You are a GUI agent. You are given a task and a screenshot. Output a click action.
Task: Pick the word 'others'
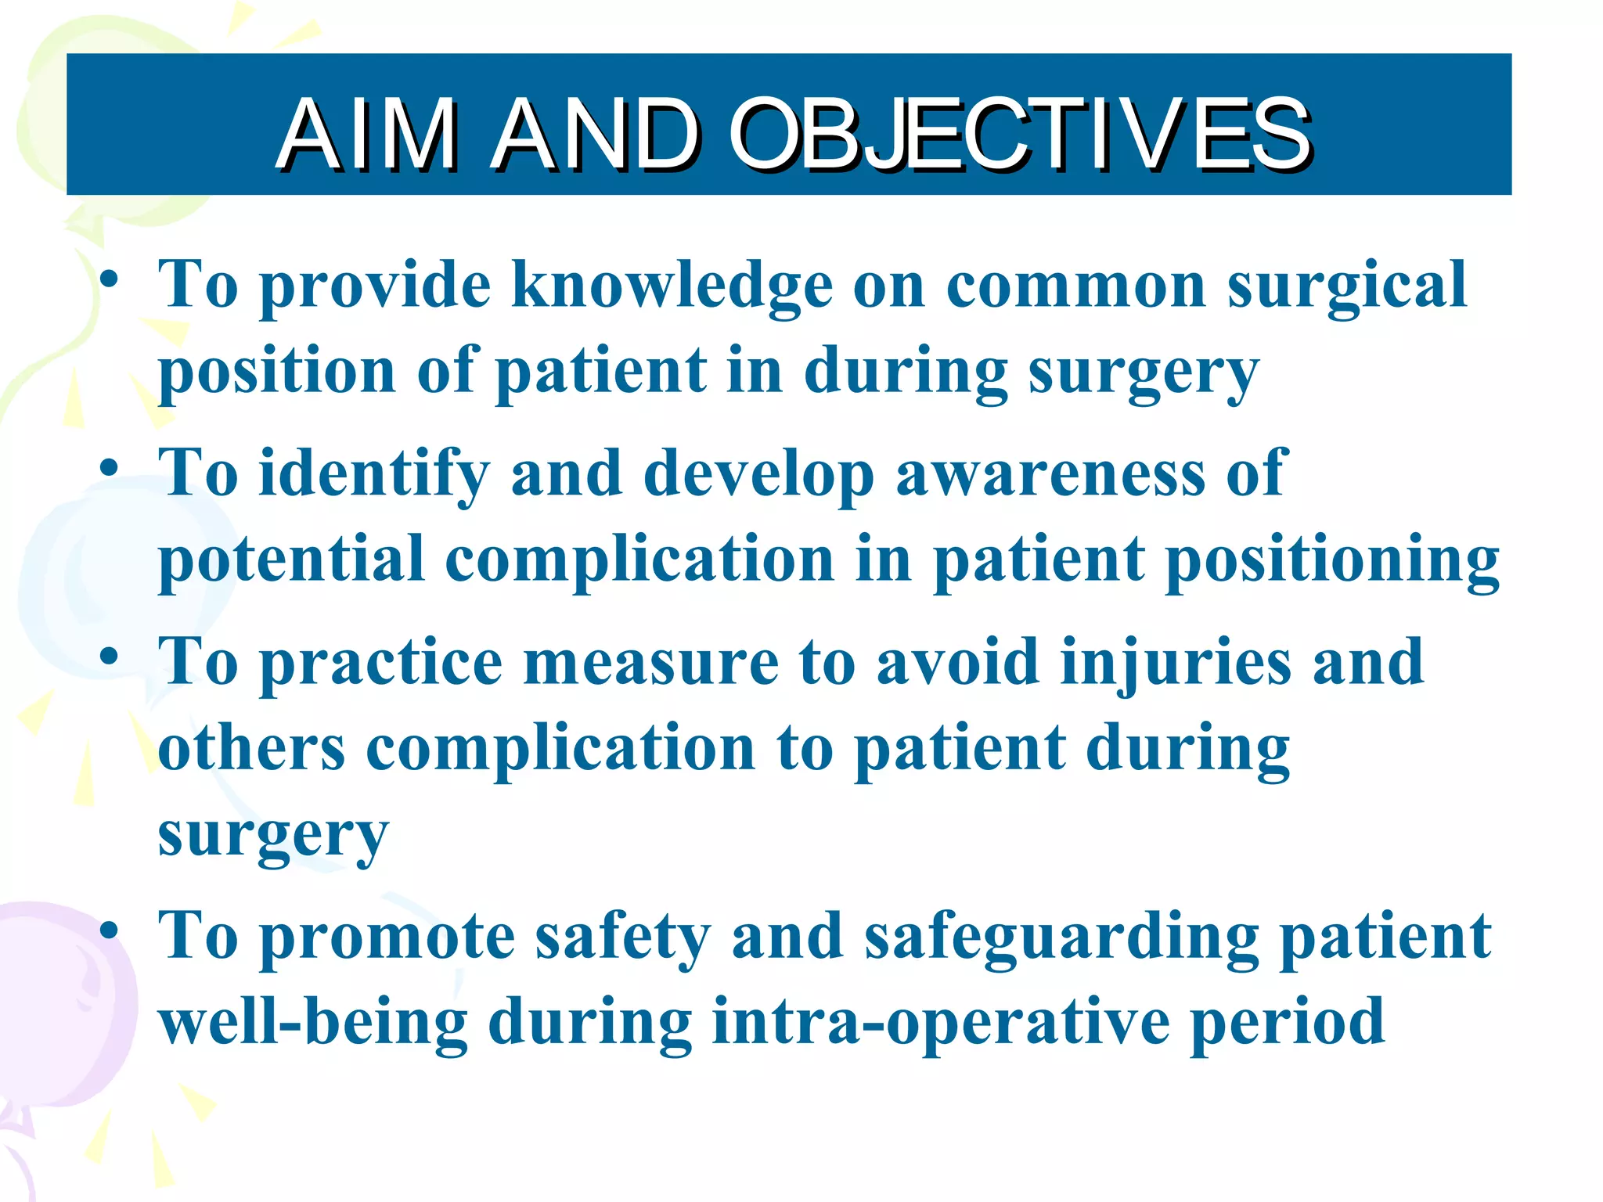[251, 747]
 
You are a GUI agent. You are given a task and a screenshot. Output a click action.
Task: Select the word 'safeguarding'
[1061, 938]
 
